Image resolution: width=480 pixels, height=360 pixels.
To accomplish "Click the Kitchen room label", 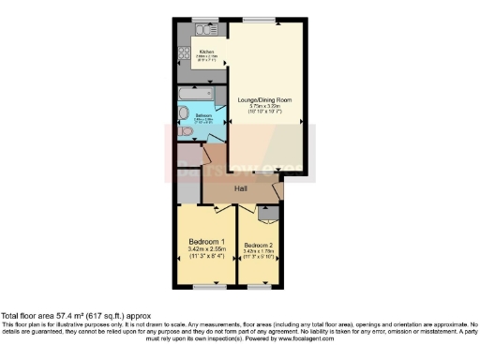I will (206, 51).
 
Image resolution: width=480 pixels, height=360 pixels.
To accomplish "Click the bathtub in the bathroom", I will (198, 94).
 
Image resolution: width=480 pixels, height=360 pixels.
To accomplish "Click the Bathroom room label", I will (203, 116).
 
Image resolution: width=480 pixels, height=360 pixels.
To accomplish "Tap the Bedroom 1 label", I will (205, 241).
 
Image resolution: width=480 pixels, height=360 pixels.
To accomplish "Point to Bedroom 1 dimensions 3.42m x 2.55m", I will (205, 249).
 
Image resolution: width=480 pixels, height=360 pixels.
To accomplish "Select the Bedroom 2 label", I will (260, 245).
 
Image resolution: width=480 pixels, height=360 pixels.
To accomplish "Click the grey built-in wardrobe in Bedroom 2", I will (267, 213).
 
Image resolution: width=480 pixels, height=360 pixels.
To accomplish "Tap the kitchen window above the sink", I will (200, 19).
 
